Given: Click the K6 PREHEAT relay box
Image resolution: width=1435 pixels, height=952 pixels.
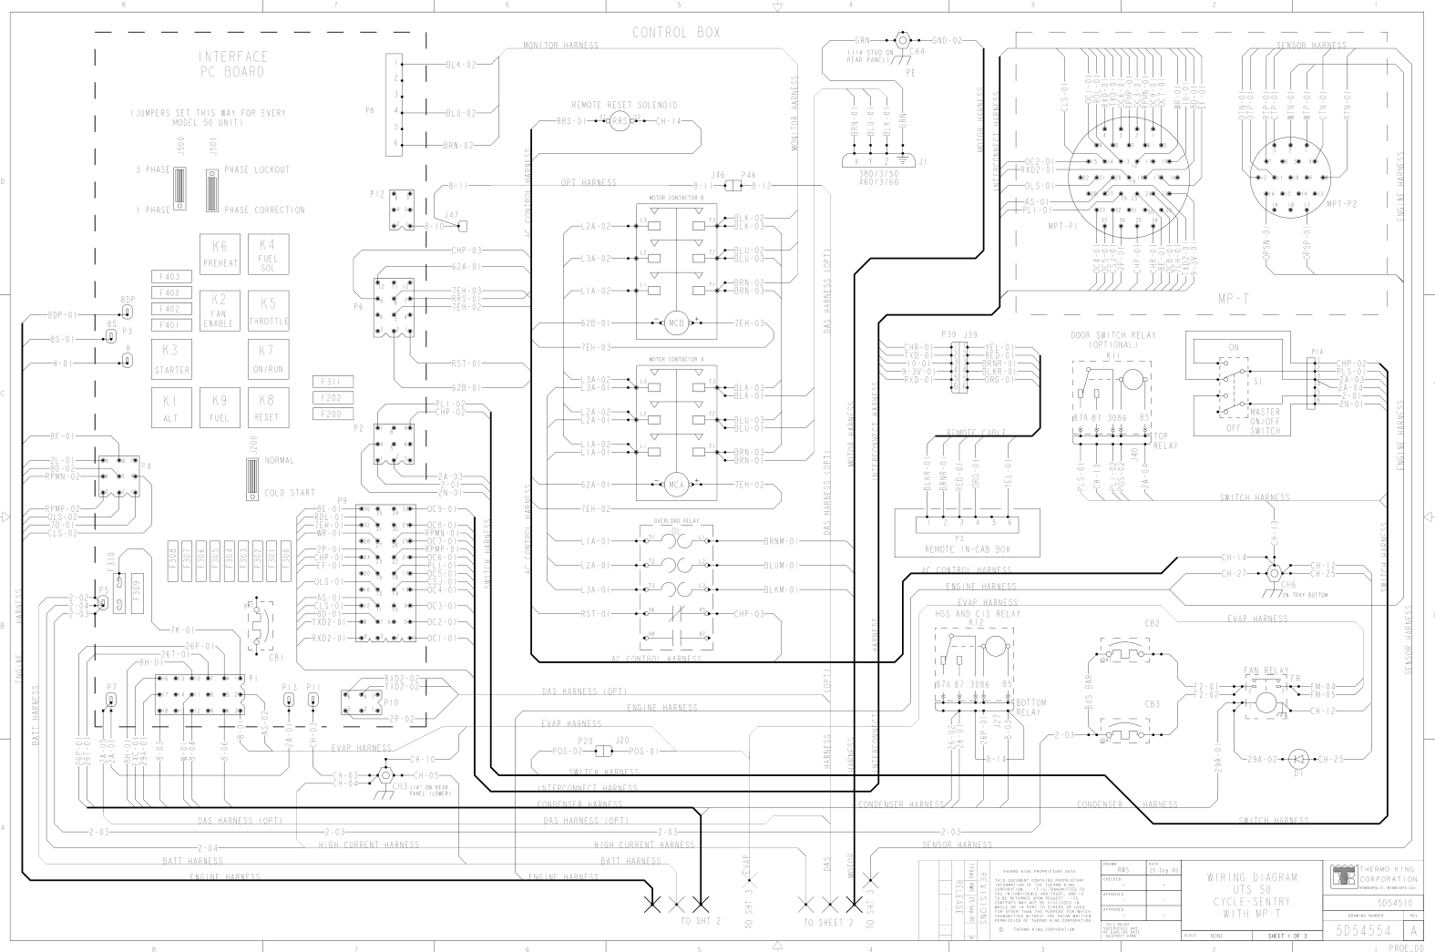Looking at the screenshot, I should click(220, 253).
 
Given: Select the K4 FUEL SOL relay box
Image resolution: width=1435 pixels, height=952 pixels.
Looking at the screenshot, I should click(267, 251).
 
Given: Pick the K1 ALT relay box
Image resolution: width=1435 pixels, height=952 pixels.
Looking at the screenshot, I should click(171, 408).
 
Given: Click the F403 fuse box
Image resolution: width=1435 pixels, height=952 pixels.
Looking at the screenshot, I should click(169, 276).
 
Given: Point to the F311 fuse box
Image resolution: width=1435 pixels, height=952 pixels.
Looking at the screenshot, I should click(332, 381).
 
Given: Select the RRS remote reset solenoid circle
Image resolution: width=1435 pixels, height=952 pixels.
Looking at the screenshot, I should click(620, 121).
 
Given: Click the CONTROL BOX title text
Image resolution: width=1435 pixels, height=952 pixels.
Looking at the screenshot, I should click(676, 33).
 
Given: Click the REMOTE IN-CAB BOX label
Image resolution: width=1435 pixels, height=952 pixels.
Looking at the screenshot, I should click(966, 549).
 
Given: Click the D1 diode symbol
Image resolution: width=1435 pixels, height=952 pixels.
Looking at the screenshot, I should click(1298, 758).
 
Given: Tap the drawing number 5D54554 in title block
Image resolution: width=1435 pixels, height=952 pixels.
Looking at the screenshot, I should click(1364, 931).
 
